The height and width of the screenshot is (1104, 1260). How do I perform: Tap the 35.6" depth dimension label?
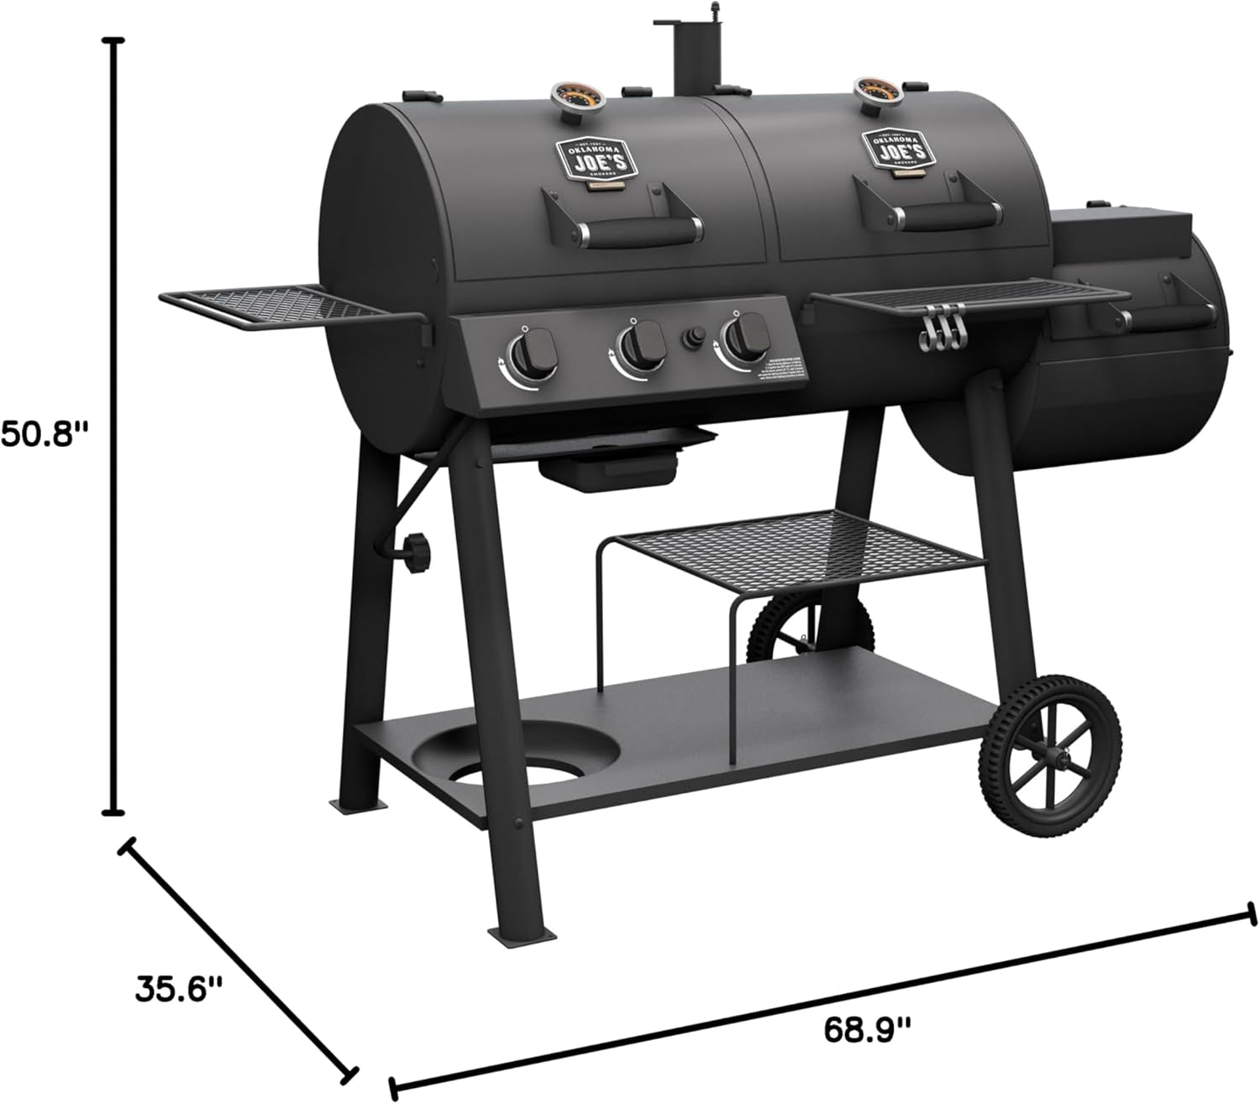click(x=179, y=988)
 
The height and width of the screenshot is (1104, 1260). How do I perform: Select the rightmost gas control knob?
click(x=743, y=337)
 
